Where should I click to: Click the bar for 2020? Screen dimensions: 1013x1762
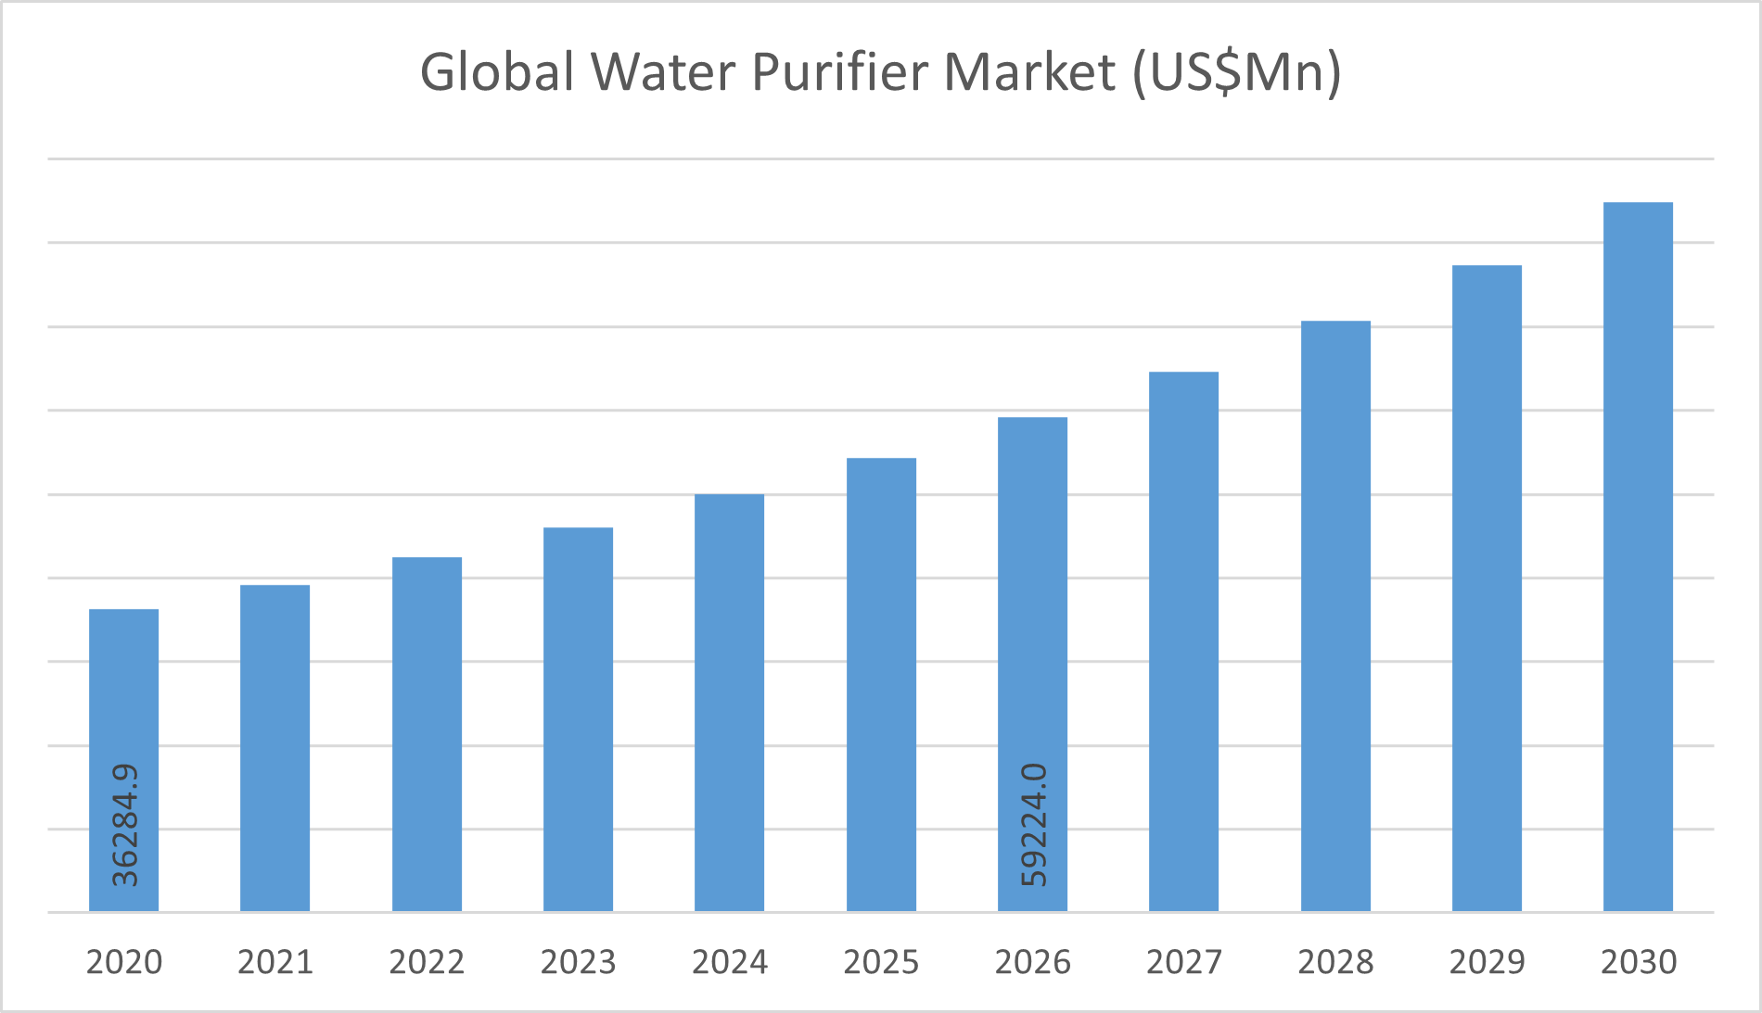[x=123, y=704]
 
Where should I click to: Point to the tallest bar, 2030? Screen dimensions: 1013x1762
[x=1638, y=556]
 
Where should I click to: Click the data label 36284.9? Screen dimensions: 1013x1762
[x=124, y=825]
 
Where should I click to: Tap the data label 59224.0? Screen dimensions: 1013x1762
[x=1033, y=825]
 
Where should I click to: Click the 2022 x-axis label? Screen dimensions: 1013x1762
[x=427, y=962]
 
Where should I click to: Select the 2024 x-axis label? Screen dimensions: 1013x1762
[x=730, y=962]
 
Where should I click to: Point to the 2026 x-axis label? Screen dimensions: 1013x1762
[x=1032, y=962]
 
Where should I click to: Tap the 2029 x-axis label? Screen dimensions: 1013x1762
[x=1487, y=962]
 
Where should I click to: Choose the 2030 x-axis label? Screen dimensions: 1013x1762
[x=1639, y=962]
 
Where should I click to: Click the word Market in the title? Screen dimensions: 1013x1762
[x=1029, y=72]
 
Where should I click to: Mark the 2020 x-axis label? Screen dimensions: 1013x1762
[x=124, y=962]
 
